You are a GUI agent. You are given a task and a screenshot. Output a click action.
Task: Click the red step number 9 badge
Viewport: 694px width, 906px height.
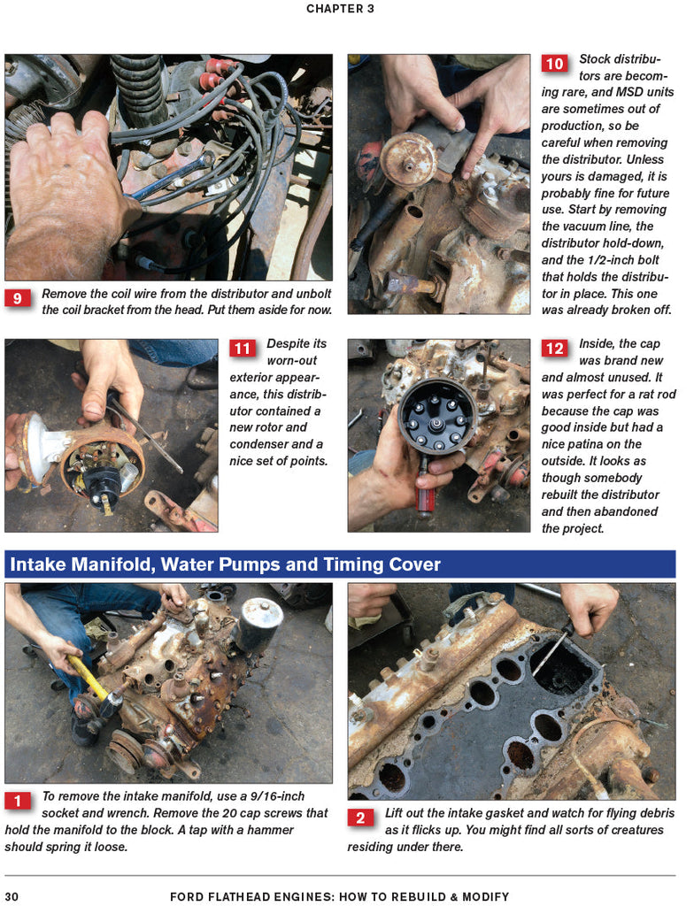(x=18, y=298)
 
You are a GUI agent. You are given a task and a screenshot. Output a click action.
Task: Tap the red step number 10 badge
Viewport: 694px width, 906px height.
(x=554, y=64)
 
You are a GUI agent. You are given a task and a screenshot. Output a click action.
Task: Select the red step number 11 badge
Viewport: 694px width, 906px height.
(x=242, y=349)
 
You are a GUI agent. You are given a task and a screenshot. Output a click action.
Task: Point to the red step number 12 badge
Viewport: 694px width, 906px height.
(x=554, y=349)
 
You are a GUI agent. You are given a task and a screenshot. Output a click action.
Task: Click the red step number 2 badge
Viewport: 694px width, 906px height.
(x=360, y=818)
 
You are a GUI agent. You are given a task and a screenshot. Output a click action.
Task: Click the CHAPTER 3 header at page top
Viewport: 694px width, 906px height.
(x=340, y=9)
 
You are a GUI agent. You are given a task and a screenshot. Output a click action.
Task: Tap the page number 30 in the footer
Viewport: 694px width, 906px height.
(x=12, y=897)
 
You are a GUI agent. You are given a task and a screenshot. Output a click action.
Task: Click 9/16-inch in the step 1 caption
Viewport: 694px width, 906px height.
(x=277, y=796)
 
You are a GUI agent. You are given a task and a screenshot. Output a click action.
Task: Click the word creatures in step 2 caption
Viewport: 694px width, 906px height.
(x=637, y=830)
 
